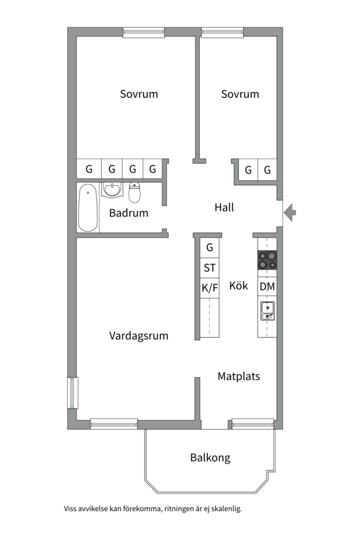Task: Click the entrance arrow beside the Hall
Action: point(290,213)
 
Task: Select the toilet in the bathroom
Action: point(134,191)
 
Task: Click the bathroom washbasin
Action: point(111,190)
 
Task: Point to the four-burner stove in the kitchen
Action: point(267,260)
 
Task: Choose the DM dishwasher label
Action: point(267,287)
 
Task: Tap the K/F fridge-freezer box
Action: point(209,287)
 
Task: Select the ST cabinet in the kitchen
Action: point(209,268)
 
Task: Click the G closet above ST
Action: point(209,247)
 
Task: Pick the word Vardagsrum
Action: point(138,336)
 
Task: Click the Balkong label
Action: point(210,457)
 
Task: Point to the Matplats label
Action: point(238,376)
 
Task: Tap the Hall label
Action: point(224,207)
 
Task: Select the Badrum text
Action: point(128,213)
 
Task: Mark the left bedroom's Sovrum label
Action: point(139,94)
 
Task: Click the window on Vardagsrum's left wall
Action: point(72,392)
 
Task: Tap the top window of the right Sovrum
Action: point(222,32)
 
